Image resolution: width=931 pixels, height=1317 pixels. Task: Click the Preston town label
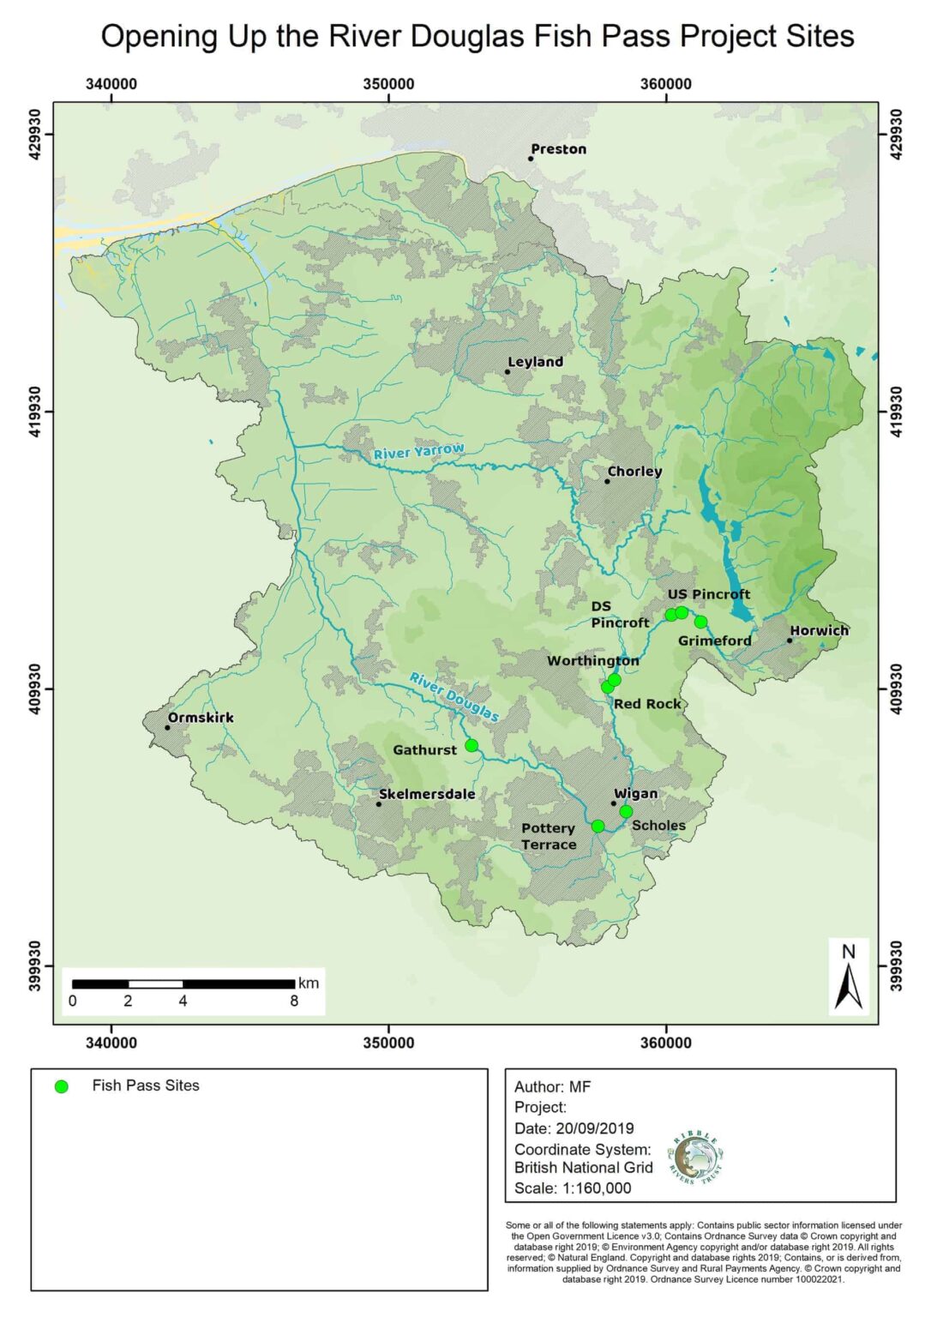(558, 149)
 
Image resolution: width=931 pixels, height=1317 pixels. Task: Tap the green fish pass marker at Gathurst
(472, 745)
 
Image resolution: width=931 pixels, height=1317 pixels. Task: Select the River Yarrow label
(418, 451)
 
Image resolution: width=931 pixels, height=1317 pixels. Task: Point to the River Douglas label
(453, 696)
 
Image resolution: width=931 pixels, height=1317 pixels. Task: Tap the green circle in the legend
(61, 1086)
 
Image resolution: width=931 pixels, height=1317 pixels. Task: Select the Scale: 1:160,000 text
(572, 1188)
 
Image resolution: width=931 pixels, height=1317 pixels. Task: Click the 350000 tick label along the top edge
(388, 84)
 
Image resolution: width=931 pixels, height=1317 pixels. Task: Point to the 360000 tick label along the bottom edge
(665, 1043)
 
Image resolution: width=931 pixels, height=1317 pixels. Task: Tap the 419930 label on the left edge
(36, 412)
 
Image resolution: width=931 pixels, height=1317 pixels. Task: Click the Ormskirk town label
(201, 718)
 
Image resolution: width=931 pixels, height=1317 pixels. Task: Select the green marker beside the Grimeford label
(700, 622)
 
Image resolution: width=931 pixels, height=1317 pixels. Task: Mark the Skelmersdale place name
(427, 794)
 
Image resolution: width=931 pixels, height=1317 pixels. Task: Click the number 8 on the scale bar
(294, 1001)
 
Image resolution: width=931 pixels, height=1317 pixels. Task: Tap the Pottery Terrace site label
(549, 836)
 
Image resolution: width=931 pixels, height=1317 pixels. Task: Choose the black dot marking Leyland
(508, 371)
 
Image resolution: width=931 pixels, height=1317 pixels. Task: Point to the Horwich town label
(819, 630)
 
